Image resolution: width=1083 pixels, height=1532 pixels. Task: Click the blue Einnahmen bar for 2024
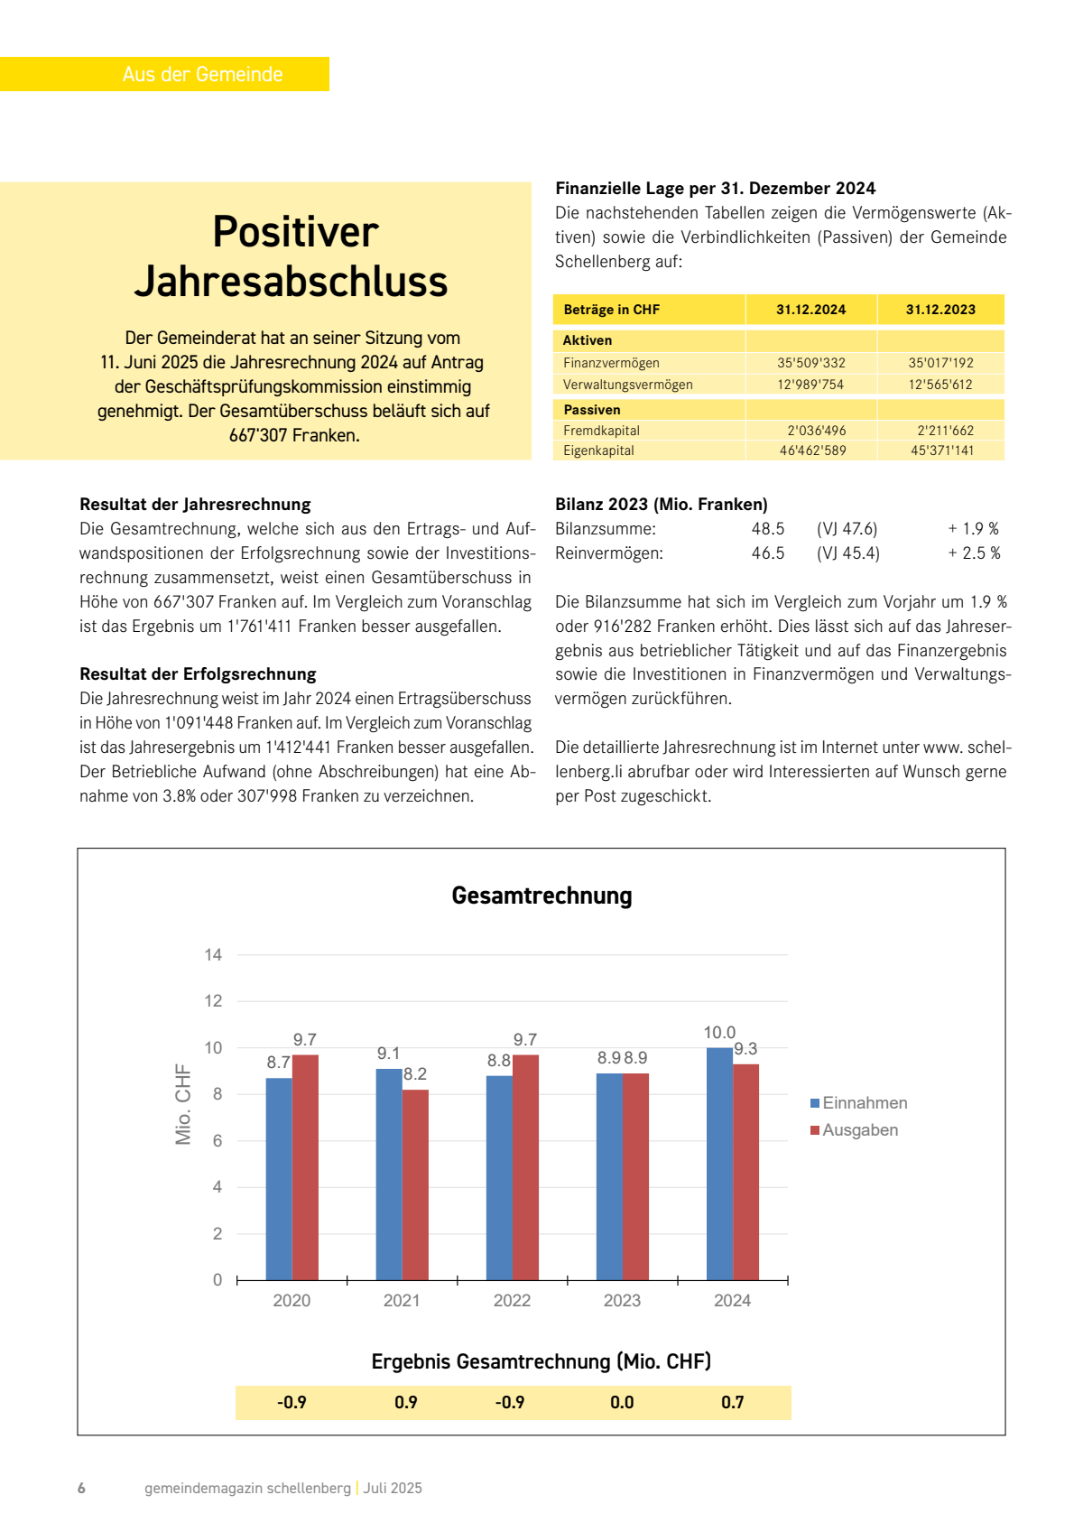[x=719, y=1165]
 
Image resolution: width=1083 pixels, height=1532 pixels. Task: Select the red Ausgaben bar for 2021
[x=415, y=1184]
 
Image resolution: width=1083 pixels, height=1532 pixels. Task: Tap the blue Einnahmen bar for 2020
[x=279, y=1179]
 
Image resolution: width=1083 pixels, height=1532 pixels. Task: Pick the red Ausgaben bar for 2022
[x=525, y=1167]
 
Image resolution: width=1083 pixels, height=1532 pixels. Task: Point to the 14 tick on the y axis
[x=213, y=955]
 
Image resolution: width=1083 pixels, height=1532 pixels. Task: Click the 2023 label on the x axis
[x=622, y=1301]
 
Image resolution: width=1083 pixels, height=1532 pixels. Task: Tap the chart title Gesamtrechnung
[x=541, y=896]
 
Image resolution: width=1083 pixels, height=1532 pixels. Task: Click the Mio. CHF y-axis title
[x=183, y=1104]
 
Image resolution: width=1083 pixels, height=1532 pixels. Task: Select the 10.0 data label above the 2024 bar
[x=719, y=1032]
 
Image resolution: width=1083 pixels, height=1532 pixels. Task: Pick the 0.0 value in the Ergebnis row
[x=622, y=1403]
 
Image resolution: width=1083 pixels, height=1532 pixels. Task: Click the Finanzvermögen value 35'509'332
[x=811, y=363]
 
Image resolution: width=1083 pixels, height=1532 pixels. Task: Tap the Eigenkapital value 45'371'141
[x=941, y=450]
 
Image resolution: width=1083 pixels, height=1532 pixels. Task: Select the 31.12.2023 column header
[x=940, y=310]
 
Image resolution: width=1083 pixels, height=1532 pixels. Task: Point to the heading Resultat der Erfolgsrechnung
[x=198, y=674]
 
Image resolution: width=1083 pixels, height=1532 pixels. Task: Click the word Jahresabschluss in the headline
[x=292, y=282]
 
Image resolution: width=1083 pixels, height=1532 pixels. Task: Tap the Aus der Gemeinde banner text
[x=202, y=74]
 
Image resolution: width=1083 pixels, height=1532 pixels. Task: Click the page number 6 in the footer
[x=81, y=1488]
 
